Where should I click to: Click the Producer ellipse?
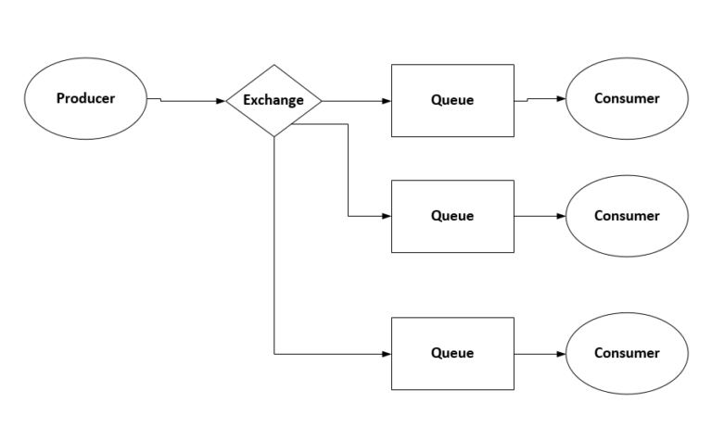pyautogui.click(x=85, y=98)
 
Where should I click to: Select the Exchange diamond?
pyautogui.click(x=273, y=100)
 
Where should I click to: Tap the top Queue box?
pyautogui.click(x=452, y=100)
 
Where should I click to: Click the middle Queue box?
pyautogui.click(x=452, y=216)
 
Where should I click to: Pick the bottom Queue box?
pyautogui.click(x=452, y=353)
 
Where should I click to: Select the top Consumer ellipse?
pyautogui.click(x=627, y=98)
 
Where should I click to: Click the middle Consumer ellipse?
pyautogui.click(x=627, y=216)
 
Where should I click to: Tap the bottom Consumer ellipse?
pyautogui.click(x=627, y=353)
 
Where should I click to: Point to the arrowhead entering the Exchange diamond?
pyautogui.click(x=221, y=100)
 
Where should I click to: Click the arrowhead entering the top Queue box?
pyautogui.click(x=387, y=100)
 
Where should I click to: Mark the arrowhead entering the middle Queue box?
pyautogui.click(x=387, y=216)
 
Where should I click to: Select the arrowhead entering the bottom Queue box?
pyautogui.click(x=387, y=354)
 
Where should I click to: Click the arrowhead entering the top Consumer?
pyautogui.click(x=560, y=98)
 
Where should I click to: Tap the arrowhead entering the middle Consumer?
pyautogui.click(x=560, y=216)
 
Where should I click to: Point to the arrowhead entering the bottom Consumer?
pyautogui.click(x=560, y=354)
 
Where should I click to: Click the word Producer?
pyautogui.click(x=85, y=98)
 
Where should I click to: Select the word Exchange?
pyautogui.click(x=273, y=100)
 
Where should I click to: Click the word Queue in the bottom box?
pyautogui.click(x=452, y=353)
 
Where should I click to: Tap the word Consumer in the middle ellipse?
pyautogui.click(x=627, y=216)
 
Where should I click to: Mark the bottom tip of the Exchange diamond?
pyautogui.click(x=274, y=136)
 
